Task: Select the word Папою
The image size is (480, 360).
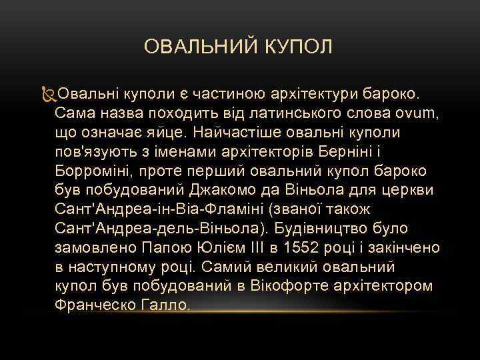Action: (167, 247)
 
